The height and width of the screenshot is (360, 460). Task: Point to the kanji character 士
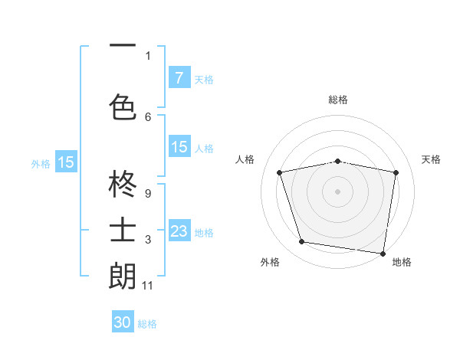tap(123, 231)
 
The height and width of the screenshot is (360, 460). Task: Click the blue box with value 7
tap(179, 77)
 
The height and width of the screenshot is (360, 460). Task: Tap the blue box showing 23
tap(179, 231)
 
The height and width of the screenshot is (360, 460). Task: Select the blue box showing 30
tap(123, 322)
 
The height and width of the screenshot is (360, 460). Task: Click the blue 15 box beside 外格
tap(66, 162)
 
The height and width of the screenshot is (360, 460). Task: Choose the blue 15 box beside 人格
tap(179, 147)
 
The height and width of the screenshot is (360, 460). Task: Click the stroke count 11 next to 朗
tap(148, 286)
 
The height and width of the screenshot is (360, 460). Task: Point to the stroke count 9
tap(147, 194)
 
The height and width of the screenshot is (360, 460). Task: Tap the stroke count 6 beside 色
tap(148, 116)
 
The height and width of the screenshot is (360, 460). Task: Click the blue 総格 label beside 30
tap(147, 324)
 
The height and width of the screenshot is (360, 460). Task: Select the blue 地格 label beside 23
tap(204, 233)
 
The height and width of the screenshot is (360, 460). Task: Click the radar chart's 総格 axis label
tap(338, 100)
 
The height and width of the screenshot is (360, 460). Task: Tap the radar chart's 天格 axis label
tap(431, 159)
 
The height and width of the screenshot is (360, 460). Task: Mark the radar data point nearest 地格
tap(383, 253)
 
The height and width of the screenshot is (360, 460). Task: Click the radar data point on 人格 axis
tap(280, 172)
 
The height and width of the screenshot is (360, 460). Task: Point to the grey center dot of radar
tap(338, 191)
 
